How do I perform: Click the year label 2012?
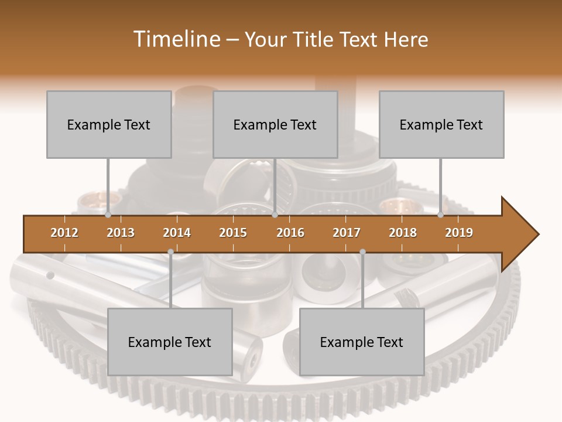[x=64, y=233]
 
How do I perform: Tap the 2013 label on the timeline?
[x=121, y=233]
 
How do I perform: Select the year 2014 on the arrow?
[x=177, y=233]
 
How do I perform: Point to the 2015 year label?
[x=233, y=233]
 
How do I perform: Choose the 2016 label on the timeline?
[x=290, y=233]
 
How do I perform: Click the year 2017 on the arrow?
[x=347, y=233]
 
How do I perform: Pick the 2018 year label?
[x=403, y=233]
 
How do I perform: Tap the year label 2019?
[x=459, y=233]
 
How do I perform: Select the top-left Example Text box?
[x=109, y=124]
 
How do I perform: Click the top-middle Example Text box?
[x=275, y=124]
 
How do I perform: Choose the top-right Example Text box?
[x=441, y=124]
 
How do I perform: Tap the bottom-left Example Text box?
[x=170, y=342]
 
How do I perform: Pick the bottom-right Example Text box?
[x=362, y=342]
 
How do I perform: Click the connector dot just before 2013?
[x=108, y=215]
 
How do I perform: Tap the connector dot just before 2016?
[x=275, y=215]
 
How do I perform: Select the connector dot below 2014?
[x=170, y=252]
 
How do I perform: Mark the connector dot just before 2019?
[x=440, y=215]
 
